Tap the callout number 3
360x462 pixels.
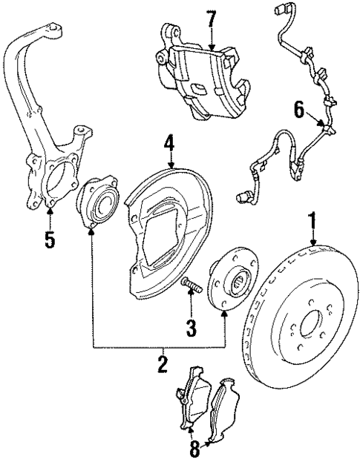pos(191,326)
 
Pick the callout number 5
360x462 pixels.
pos(49,241)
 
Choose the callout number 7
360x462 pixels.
pos(212,19)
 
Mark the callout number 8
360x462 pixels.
pos(194,448)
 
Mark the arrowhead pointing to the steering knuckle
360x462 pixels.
pos(49,214)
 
